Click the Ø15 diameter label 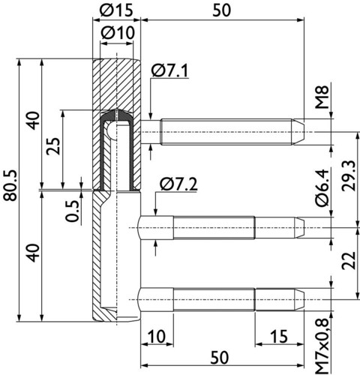[115, 10]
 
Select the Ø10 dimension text [118, 33]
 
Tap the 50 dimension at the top [221, 10]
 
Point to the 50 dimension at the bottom [220, 357]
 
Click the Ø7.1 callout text [169, 70]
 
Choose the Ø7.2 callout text [179, 184]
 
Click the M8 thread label [322, 97]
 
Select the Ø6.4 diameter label [322, 187]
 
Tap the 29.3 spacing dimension [348, 175]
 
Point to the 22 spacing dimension [348, 260]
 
